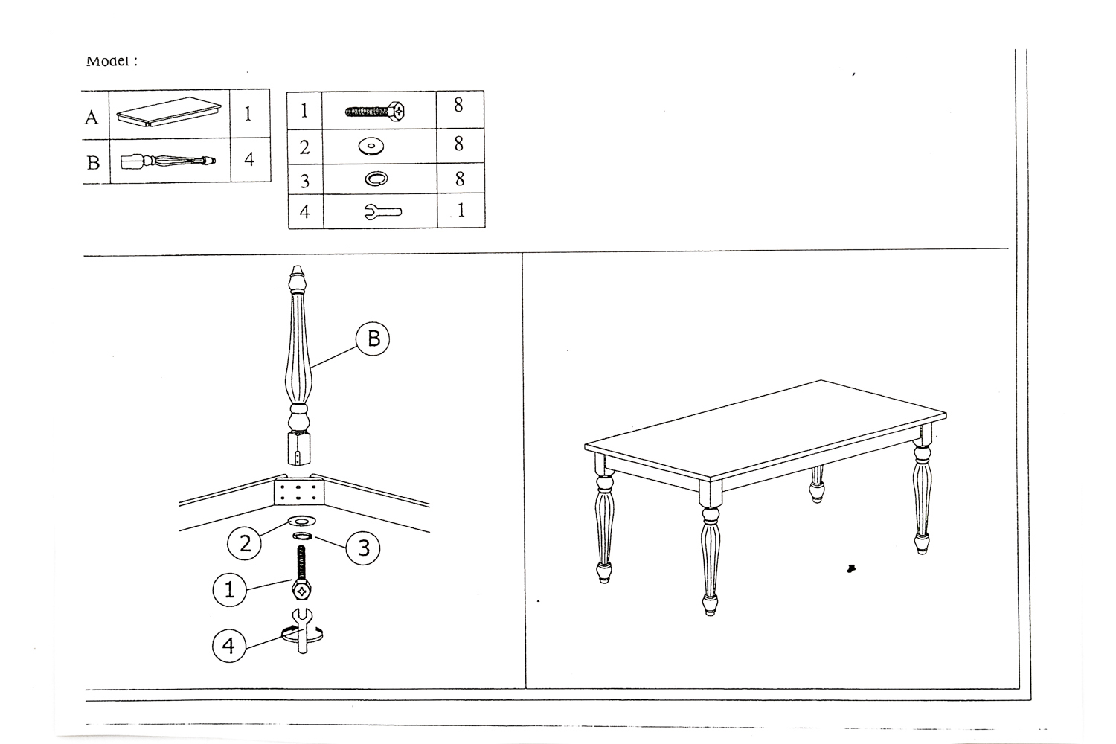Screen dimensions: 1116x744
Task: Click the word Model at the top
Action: pos(108,61)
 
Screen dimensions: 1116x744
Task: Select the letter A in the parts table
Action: pos(92,118)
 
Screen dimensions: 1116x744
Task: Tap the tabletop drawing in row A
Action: pos(168,111)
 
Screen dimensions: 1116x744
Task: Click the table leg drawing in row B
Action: pos(168,161)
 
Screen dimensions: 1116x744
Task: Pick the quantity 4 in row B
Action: pos(249,159)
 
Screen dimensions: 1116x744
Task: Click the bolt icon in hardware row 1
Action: pos(375,111)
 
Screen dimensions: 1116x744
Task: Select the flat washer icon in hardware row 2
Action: pos(371,147)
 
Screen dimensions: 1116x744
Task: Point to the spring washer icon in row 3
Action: pos(376,179)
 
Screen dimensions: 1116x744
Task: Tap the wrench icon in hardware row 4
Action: pos(382,212)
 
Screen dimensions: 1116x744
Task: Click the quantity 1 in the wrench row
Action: pos(461,211)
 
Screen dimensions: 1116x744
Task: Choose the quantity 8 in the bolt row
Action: pos(458,105)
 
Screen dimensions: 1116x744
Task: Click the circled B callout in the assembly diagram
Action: pos(373,339)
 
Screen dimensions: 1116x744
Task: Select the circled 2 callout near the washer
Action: pos(245,543)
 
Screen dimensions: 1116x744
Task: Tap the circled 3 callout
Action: pos(363,548)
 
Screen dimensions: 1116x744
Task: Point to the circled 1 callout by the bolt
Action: pos(230,589)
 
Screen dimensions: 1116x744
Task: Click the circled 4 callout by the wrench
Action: pos(229,645)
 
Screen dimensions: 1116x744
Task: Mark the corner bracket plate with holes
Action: pos(298,491)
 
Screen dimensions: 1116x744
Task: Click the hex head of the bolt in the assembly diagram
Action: pos(301,590)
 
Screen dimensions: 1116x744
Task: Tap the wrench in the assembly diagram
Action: pos(302,630)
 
